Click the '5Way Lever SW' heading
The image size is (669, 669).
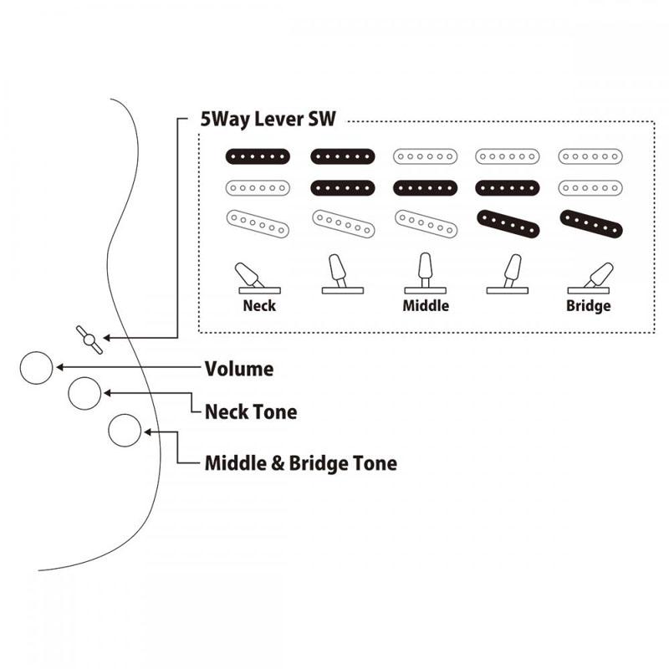pos(268,119)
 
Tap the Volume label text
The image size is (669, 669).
pos(239,369)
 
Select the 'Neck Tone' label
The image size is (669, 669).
pos(251,412)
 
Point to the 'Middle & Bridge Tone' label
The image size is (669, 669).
pos(301,463)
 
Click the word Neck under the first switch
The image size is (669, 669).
pos(259,305)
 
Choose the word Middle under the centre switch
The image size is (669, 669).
pos(426,305)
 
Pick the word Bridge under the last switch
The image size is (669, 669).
pos(589,306)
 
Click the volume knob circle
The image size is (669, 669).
pos(36,368)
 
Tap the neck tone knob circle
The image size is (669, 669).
pos(84,393)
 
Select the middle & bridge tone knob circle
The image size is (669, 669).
pos(125,431)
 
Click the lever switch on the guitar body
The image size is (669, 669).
pos(89,340)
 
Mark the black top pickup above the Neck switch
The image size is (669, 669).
pos(258,156)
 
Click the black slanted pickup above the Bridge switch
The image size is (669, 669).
pos(591,224)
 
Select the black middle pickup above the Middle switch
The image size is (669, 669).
pos(426,188)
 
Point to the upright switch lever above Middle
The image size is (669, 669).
pos(426,273)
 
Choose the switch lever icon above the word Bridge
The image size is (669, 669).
pos(590,278)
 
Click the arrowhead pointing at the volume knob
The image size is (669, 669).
pos(60,367)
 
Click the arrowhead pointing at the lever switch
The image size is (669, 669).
pos(107,338)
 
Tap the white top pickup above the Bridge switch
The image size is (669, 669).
pos(590,156)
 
